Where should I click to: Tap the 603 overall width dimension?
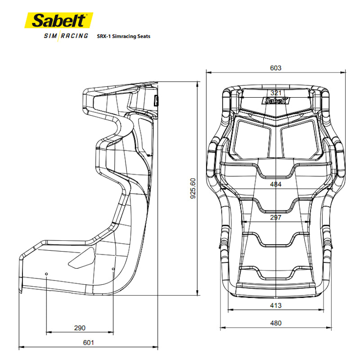click(275, 68)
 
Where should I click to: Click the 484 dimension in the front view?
click(275, 184)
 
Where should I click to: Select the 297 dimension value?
click(275, 217)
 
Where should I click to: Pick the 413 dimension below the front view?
click(275, 306)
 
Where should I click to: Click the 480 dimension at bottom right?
click(275, 323)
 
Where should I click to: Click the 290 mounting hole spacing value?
click(79, 328)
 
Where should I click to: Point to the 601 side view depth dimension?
click(88, 343)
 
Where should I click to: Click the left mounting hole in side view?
click(47, 273)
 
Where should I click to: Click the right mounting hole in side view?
click(112, 270)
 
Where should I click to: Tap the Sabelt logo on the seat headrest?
click(276, 101)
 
